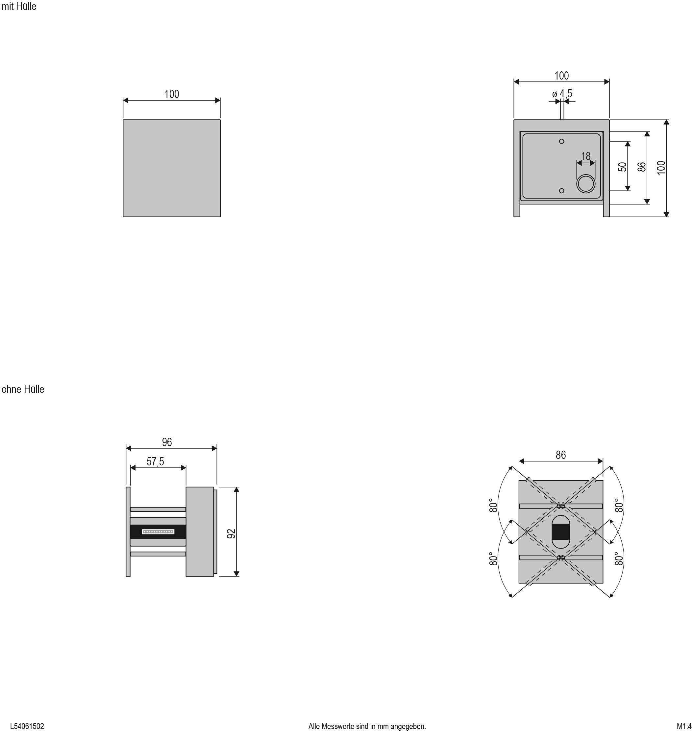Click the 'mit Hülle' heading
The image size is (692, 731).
point(19,7)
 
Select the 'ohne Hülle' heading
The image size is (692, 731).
point(23,389)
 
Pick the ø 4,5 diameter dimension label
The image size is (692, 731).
point(562,94)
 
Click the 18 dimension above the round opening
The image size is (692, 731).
point(586,156)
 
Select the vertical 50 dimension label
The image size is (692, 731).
point(622,167)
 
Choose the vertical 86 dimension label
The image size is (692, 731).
point(641,167)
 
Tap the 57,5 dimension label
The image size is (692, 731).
point(155,461)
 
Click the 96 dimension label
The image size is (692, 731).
point(167,442)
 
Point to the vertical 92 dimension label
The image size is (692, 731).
point(231,533)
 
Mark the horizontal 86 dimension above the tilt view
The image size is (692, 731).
point(561,455)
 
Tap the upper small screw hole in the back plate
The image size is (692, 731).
point(562,141)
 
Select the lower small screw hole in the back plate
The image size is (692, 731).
point(562,191)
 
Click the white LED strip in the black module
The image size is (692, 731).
point(158,531)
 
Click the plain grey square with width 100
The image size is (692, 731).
point(172,168)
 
